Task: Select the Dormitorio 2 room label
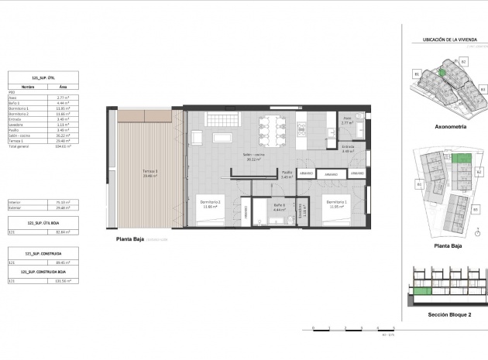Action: click(211, 204)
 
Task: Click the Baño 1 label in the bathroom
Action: click(280, 206)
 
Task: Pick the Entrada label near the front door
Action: click(348, 149)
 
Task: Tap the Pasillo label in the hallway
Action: click(286, 173)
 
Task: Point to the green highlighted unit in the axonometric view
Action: click(442, 72)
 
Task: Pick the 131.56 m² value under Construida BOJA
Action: click(75, 281)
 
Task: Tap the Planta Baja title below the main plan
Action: click(132, 239)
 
